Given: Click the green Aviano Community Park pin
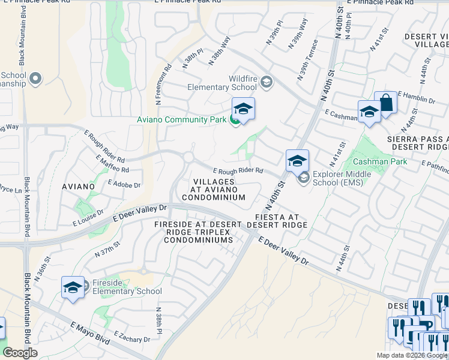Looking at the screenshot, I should coord(235,120).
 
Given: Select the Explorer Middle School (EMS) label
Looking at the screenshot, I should coord(340,181).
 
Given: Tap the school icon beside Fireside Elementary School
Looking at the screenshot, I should coord(73,287).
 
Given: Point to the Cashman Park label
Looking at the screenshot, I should coord(380,161).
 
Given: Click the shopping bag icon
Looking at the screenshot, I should coord(385,103).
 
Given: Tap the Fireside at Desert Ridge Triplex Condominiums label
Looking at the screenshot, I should coord(197,232).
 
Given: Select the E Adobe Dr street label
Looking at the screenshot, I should coord(124,183).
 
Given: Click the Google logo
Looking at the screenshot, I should coord(20,353).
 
